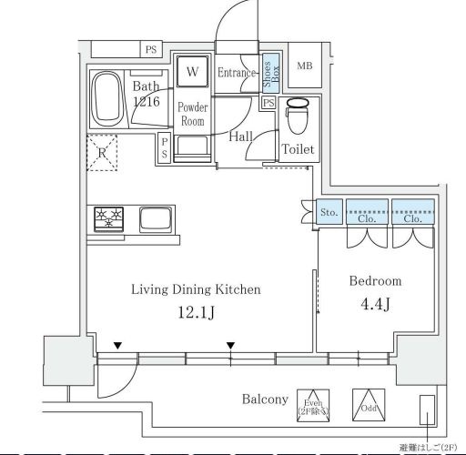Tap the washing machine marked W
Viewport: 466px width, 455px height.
193,70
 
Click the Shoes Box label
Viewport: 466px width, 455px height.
269,71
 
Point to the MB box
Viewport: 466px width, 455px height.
305,66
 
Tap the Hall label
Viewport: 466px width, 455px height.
241,136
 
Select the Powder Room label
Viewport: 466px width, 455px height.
193,114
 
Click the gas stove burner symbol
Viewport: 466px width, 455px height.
109,218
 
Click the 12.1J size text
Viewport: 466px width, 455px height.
196,314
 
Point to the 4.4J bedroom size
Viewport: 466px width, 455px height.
374,304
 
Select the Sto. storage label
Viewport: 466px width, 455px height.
329,212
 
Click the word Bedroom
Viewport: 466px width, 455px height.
375,281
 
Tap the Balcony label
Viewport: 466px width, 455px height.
265,399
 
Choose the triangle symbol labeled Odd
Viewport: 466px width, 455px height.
370,402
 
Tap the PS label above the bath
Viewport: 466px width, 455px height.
151,49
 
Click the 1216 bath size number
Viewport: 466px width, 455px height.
146,102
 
